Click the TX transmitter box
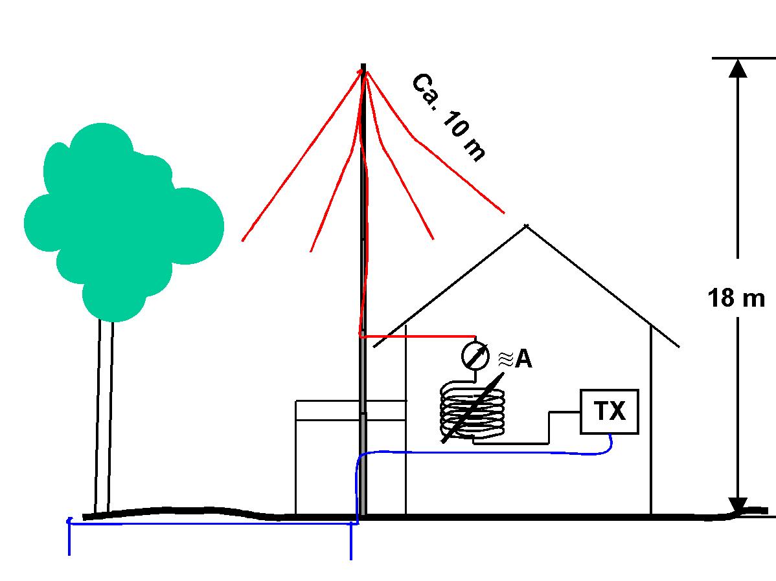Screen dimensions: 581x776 click(x=610, y=411)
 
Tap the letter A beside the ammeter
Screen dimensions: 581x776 click(x=523, y=359)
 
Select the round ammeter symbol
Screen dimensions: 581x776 click(x=475, y=356)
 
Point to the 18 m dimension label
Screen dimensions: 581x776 click(x=736, y=299)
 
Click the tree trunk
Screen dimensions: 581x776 click(x=104, y=414)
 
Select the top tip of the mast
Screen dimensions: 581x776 click(x=363, y=66)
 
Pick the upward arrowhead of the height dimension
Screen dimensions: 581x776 click(x=738, y=67)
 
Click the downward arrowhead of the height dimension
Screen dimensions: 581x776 click(x=738, y=505)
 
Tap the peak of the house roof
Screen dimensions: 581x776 click(x=526, y=226)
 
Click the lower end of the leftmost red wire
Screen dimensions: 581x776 click(x=243, y=240)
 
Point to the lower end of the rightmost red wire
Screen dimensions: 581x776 click(x=503, y=212)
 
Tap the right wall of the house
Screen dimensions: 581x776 click(x=650, y=421)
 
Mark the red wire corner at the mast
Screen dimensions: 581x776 click(x=360, y=334)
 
